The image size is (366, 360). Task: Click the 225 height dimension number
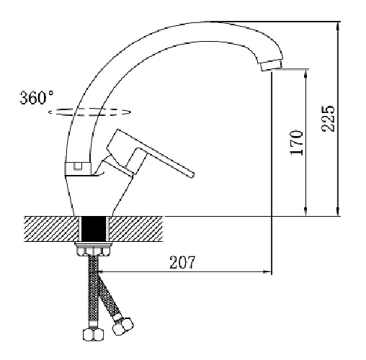(x=329, y=118)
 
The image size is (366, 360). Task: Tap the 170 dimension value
(x=297, y=143)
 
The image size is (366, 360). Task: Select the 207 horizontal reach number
(x=182, y=262)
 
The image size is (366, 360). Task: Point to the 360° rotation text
(x=37, y=97)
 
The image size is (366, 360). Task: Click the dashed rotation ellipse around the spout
(x=89, y=112)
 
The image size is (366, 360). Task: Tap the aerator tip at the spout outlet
(x=272, y=65)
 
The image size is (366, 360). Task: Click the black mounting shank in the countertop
(x=94, y=229)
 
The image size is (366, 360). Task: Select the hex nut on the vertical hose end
(x=94, y=334)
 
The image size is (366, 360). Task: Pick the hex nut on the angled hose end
(x=122, y=325)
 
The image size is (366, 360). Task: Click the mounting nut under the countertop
(x=94, y=249)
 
